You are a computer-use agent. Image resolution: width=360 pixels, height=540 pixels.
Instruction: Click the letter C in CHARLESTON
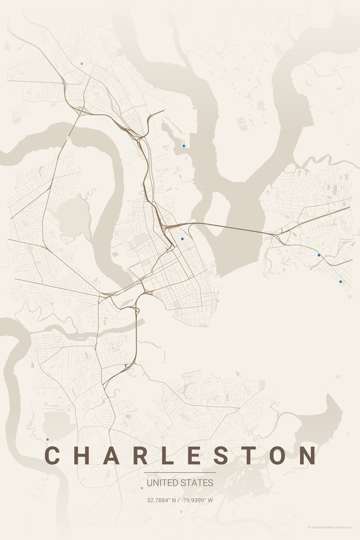click(53, 455)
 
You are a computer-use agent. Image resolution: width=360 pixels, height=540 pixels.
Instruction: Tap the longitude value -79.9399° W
click(198, 500)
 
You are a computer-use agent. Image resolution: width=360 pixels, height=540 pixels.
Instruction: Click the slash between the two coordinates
click(180, 500)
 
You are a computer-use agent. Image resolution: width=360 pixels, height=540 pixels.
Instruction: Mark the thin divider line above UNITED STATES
click(180, 472)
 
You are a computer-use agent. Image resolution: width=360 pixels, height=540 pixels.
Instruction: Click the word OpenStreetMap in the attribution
click(325, 527)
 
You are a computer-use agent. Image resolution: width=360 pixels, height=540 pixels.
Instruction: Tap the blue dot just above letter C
click(47, 439)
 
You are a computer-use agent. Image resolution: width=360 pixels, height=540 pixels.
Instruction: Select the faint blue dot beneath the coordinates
click(181, 512)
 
